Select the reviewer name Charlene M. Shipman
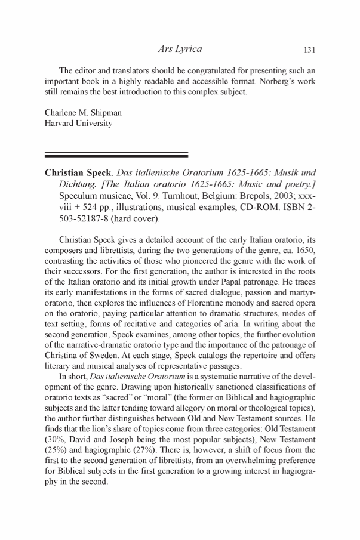click(x=79, y=114)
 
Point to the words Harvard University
click(x=78, y=124)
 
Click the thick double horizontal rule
click(x=116, y=155)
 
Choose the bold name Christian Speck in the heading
click(x=81, y=173)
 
